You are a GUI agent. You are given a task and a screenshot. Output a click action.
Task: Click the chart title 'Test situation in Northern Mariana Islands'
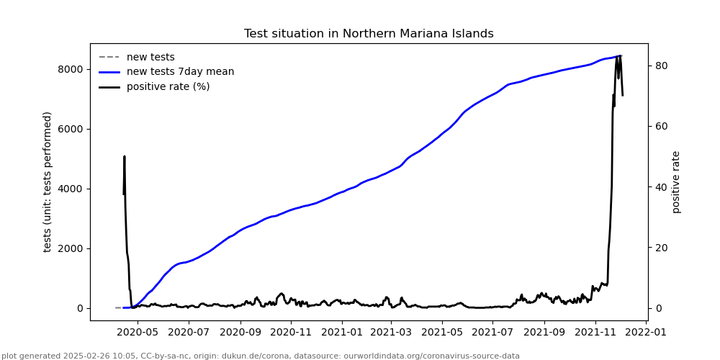pos(369,34)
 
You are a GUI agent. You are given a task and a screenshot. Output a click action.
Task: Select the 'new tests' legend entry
pos(150,57)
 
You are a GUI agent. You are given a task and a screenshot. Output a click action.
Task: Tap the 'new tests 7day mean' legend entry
pos(180,72)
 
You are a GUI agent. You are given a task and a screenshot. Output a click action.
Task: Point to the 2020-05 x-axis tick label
pos(137,333)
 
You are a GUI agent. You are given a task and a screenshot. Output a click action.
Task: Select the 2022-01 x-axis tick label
pos(647,333)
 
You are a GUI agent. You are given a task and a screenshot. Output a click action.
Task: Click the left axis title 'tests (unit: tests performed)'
pos(48,181)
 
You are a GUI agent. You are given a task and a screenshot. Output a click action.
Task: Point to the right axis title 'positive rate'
pos(676,181)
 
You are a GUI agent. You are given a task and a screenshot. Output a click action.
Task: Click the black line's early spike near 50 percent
pos(125,156)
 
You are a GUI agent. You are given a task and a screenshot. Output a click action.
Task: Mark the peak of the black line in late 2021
pos(618,56)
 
